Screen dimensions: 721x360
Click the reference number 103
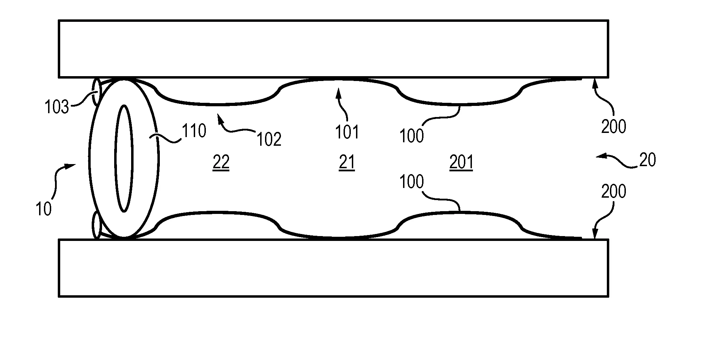[57, 107]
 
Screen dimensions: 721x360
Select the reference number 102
[269, 139]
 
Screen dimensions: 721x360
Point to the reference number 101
[347, 132]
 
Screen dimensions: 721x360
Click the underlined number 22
[221, 162]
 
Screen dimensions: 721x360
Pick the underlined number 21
[347, 162]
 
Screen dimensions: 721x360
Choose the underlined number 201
[461, 162]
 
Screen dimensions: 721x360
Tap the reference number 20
[648, 160]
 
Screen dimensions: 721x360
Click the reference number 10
[44, 209]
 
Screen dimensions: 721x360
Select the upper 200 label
[614, 127]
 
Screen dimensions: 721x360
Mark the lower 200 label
[614, 191]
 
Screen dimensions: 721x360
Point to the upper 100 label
[412, 136]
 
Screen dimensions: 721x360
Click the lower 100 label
[412, 181]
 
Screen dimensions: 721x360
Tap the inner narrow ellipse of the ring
[124, 158]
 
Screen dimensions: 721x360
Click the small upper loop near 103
[97, 92]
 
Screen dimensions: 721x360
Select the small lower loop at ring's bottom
[96, 225]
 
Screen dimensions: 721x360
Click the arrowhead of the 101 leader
[338, 92]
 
